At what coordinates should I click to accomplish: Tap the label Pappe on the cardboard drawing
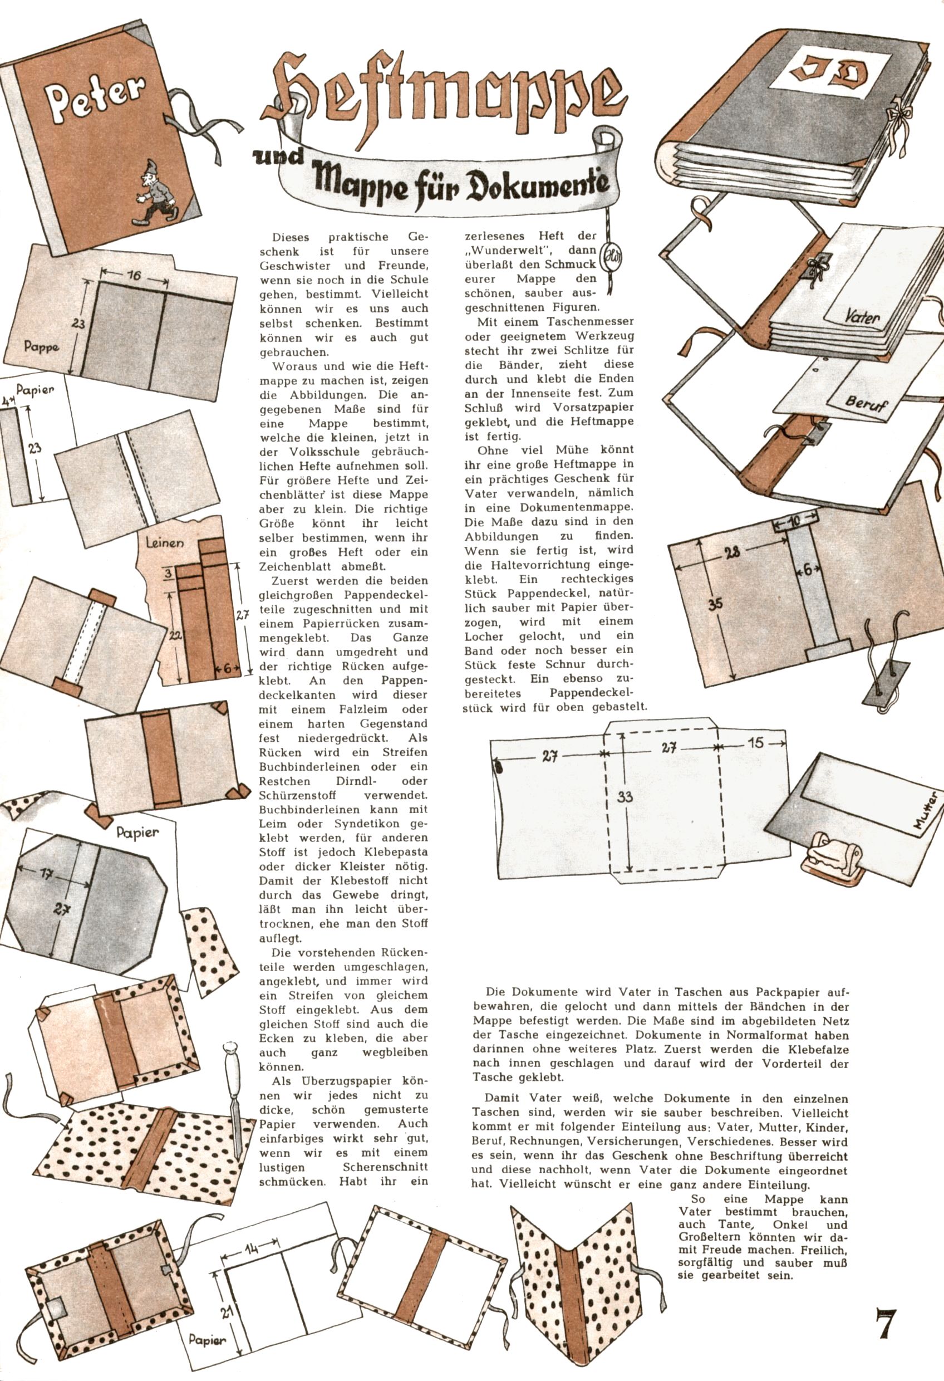(42, 346)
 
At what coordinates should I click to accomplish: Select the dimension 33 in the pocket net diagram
(625, 797)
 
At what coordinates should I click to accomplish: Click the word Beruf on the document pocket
(866, 405)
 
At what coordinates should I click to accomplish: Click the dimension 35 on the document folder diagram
(716, 604)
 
